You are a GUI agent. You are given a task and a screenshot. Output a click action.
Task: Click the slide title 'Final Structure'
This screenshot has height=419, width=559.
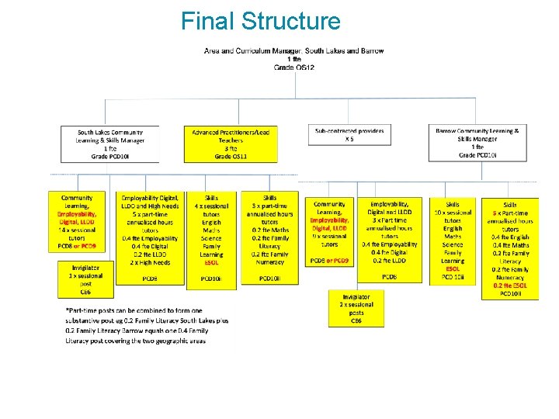tap(260, 21)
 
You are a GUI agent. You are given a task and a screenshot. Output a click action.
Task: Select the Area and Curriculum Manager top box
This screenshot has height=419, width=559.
tap(293, 59)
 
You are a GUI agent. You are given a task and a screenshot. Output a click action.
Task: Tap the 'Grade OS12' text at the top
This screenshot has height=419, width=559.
tap(293, 68)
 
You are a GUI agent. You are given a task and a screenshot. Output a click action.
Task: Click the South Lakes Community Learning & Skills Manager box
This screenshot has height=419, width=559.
tap(110, 144)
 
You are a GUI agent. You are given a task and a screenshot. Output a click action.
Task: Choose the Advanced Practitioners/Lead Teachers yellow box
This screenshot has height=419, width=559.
tap(231, 144)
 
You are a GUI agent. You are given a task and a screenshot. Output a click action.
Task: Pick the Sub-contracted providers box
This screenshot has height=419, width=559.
tap(349, 135)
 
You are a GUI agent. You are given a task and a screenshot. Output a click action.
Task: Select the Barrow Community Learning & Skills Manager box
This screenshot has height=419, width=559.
tap(477, 144)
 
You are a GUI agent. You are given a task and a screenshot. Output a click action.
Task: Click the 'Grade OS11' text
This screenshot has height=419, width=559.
tap(231, 157)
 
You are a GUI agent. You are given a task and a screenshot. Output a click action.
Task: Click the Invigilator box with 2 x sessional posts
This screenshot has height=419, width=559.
tap(356, 308)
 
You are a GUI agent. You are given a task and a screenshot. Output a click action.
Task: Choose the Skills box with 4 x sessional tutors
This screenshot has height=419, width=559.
tap(211, 239)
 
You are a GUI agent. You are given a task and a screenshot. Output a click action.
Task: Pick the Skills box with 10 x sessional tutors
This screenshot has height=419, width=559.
tap(453, 240)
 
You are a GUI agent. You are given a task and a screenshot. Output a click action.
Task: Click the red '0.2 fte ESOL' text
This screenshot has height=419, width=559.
tap(510, 285)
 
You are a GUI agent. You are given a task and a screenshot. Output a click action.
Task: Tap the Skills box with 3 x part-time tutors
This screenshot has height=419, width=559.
tap(269, 239)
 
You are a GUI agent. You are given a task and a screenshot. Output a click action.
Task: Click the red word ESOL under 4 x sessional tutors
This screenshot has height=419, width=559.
tap(211, 262)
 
